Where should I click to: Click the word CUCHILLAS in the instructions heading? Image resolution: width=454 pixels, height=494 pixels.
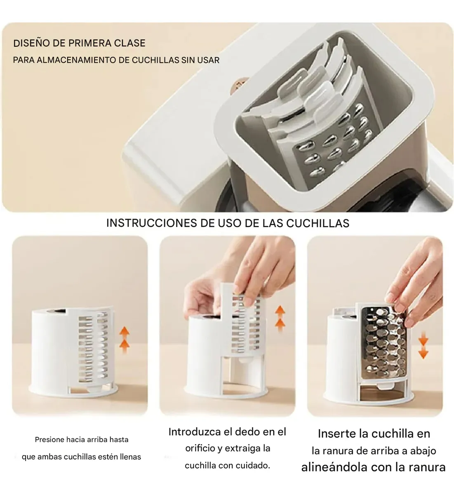pyautogui.click(x=318, y=223)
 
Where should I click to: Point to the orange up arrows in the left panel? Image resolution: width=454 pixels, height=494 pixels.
pyautogui.click(x=125, y=340)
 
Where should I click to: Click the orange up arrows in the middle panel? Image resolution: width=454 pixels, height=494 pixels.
pyautogui.click(x=280, y=319)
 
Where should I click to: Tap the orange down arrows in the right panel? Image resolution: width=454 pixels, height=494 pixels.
pyautogui.click(x=423, y=345)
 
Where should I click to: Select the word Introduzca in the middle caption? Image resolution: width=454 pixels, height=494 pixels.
pyautogui.click(x=191, y=432)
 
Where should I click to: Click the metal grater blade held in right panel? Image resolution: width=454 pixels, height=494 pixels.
pyautogui.click(x=384, y=345)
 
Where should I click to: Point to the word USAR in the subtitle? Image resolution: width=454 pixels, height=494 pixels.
pyautogui.click(x=209, y=60)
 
